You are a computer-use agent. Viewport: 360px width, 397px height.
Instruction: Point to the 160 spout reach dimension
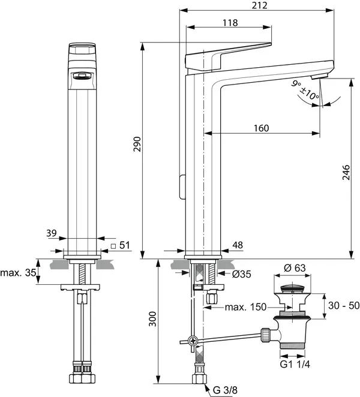click(x=261, y=128)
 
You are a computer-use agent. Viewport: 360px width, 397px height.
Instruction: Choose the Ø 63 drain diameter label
click(x=295, y=267)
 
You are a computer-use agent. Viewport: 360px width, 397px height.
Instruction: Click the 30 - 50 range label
click(x=344, y=305)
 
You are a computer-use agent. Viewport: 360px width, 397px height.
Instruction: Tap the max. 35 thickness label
click(x=17, y=273)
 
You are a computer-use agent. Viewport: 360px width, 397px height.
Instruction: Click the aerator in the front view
click(x=80, y=76)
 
